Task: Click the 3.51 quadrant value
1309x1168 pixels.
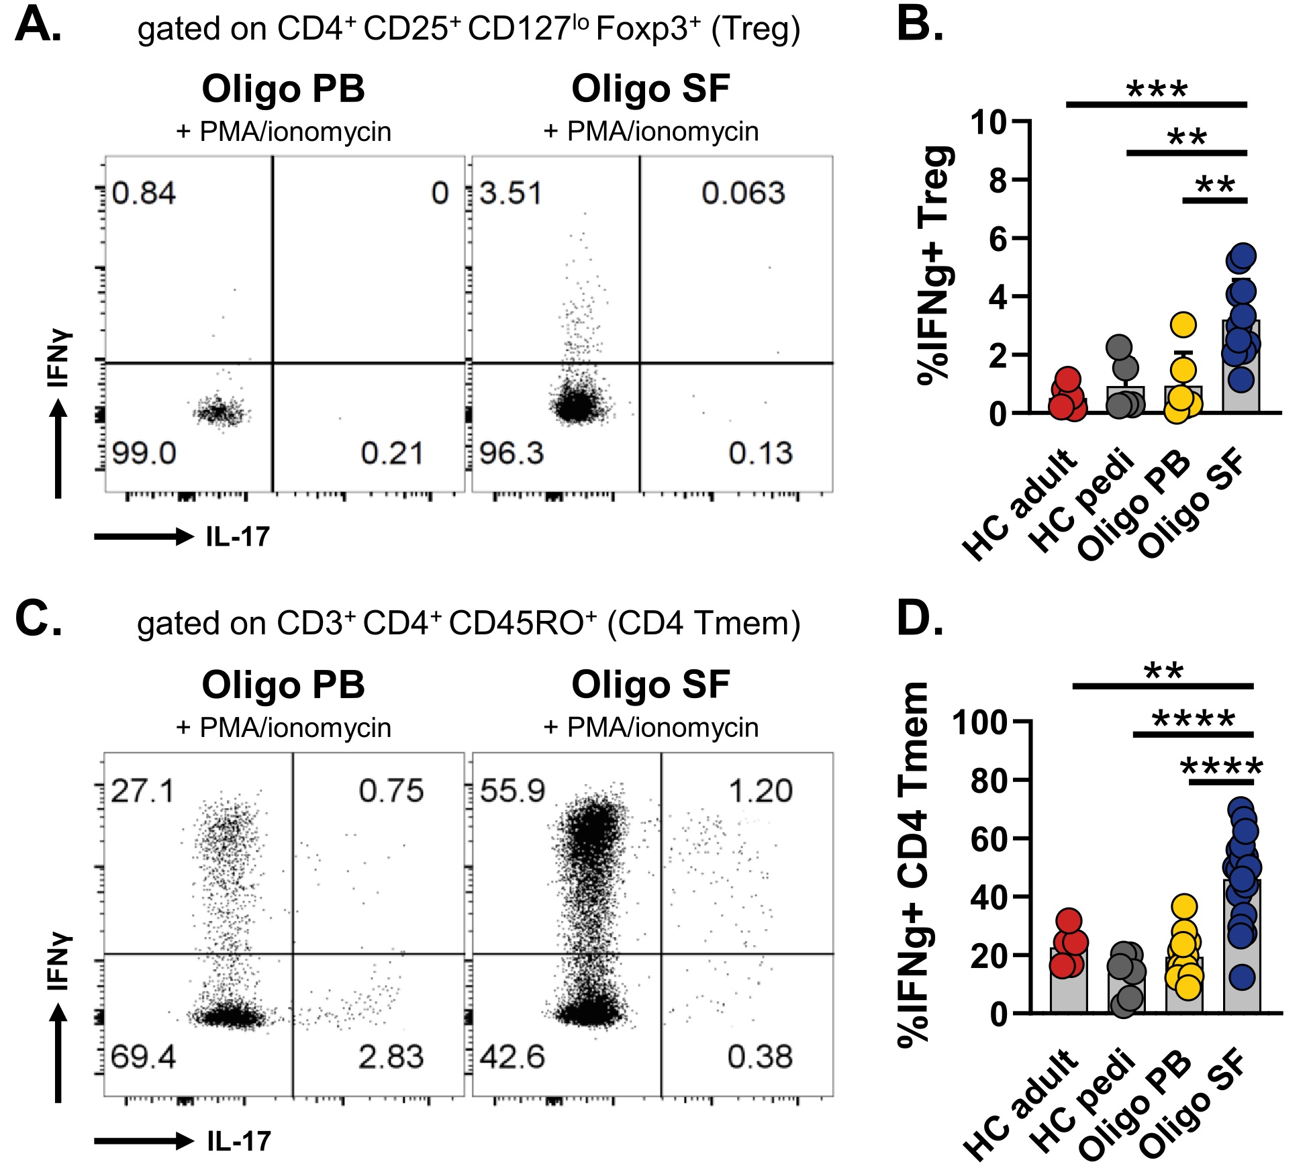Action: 511,193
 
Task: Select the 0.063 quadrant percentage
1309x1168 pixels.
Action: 743,193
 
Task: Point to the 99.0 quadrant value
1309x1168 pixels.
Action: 144,453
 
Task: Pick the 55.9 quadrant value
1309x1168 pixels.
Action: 513,791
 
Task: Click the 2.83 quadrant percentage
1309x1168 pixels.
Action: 391,1057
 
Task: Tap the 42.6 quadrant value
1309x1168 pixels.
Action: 512,1057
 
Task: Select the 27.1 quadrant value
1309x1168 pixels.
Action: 142,791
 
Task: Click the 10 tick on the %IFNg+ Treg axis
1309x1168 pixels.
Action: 988,121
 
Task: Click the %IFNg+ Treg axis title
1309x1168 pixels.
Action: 934,265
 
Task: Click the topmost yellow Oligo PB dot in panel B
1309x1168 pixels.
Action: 1183,325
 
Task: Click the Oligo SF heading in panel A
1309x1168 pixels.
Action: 650,89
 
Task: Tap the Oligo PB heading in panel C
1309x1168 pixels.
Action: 283,685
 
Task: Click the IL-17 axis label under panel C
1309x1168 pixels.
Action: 239,1141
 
